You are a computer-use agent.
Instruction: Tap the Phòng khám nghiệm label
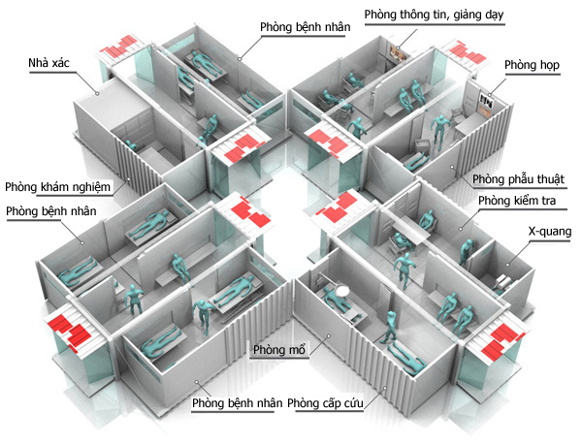[x=58, y=186]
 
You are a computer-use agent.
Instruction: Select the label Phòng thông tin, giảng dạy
[x=434, y=16]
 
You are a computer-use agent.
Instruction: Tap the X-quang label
[x=549, y=233]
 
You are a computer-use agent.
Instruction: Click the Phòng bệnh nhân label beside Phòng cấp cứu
[x=237, y=401]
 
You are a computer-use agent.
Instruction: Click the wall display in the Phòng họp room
[x=484, y=97]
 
